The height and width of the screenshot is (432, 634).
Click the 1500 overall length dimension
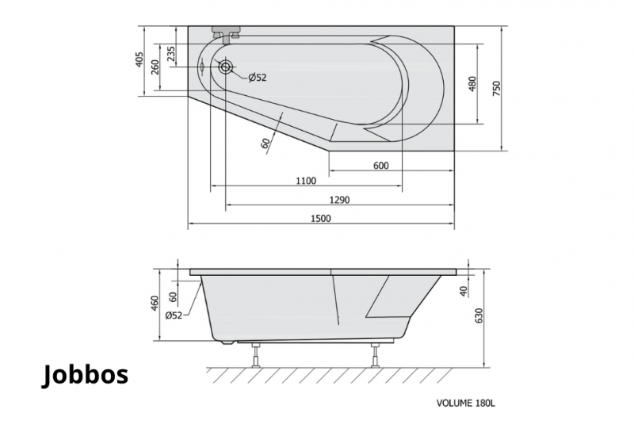pos(321,219)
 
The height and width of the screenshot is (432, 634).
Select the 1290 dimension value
pos(340,200)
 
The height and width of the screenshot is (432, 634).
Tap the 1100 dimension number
pos(306,181)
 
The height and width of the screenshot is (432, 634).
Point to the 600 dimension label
pos(381,166)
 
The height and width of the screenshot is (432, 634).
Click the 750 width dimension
pos(497,88)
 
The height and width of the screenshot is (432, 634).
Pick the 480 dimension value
pos(472,84)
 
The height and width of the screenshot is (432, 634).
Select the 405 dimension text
pos(139,59)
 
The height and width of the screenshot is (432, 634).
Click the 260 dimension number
pos(155,67)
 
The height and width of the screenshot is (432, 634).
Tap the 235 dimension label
pos(171,54)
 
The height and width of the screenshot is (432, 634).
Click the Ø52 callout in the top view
pos(258,77)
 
